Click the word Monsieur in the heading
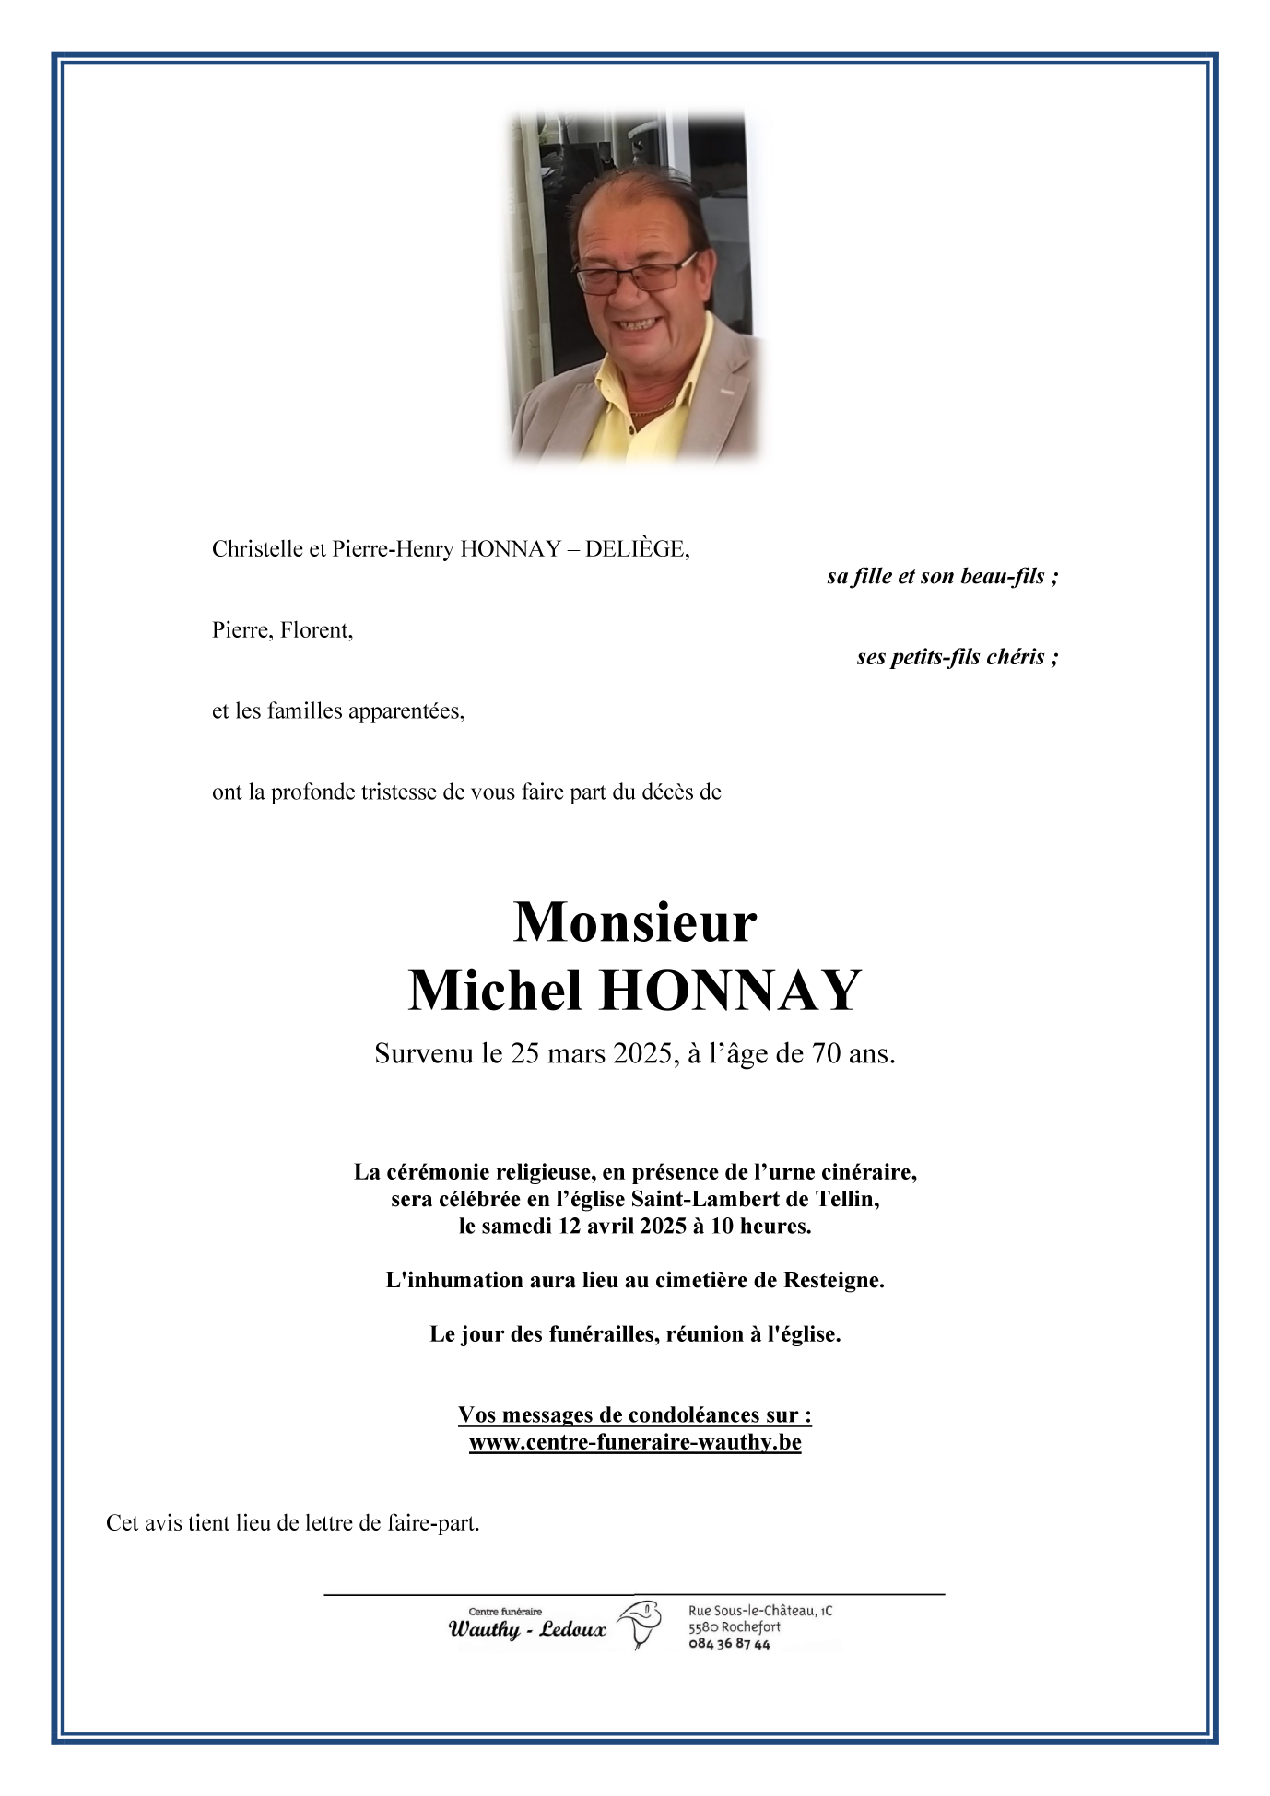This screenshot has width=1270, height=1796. [634, 921]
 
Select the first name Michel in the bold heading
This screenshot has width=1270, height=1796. [495, 991]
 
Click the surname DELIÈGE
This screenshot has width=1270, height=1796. [636, 549]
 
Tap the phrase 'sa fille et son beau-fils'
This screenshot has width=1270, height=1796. [936, 577]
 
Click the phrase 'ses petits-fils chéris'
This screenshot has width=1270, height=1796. [950, 658]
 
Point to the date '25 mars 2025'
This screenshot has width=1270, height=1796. [594, 1053]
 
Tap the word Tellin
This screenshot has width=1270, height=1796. [846, 1199]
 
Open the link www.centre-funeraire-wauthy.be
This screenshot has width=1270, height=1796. [635, 1442]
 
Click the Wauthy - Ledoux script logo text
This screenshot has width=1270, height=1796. [527, 1629]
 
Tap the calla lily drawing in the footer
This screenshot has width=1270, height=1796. [640, 1624]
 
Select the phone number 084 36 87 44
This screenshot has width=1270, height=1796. [729, 1645]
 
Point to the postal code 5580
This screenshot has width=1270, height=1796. [703, 1627]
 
